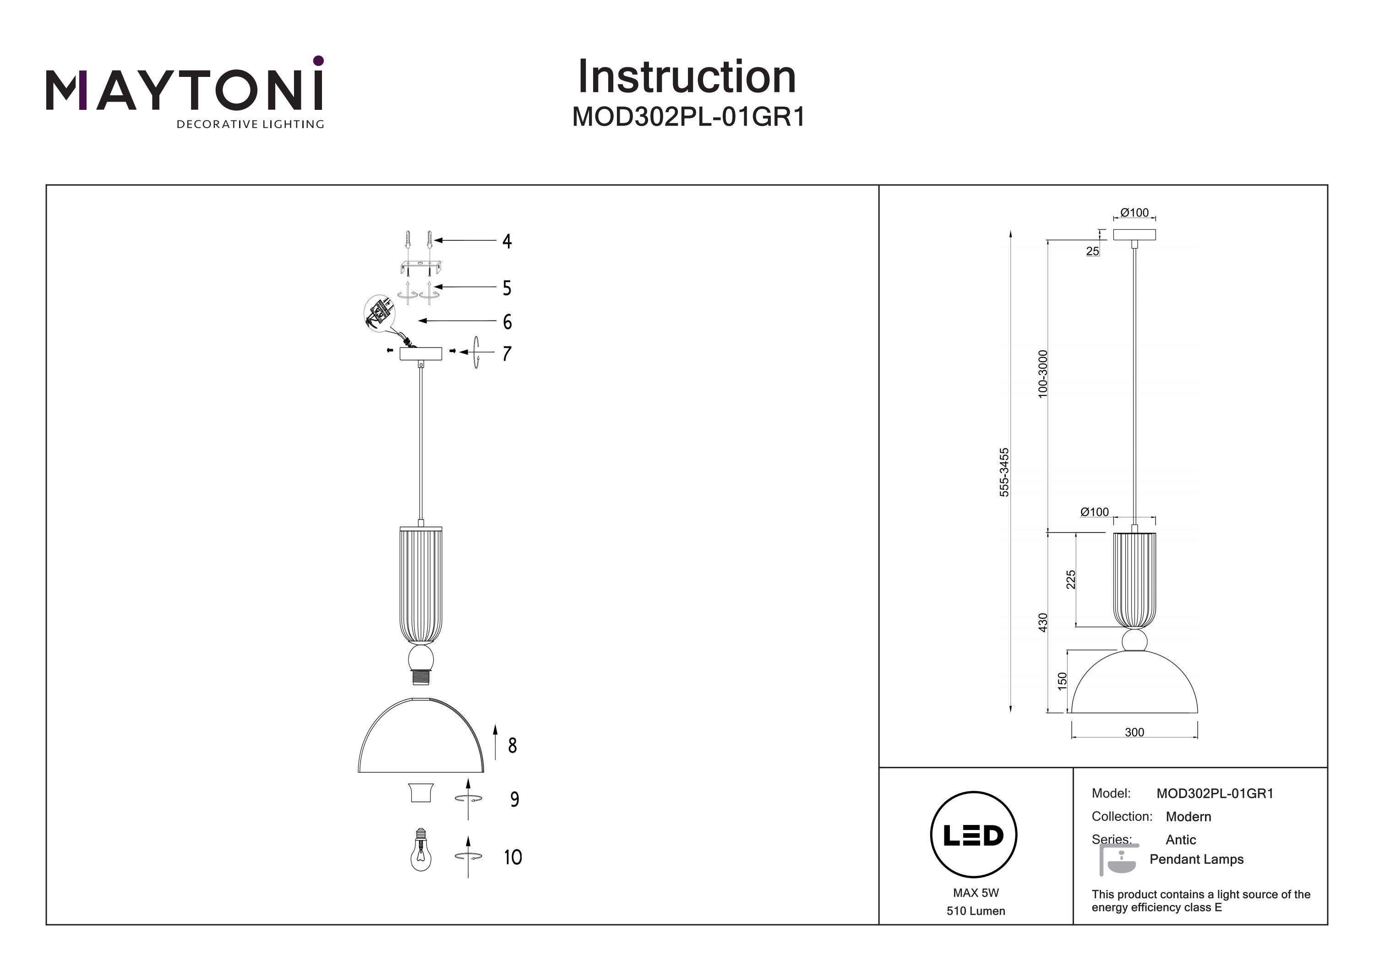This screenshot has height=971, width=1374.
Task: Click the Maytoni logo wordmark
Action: (184, 91)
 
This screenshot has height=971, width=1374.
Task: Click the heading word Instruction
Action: (687, 77)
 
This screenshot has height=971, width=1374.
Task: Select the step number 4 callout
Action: (507, 241)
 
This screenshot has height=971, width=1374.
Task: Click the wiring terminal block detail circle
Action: (380, 312)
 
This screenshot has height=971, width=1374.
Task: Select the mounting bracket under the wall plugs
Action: (420, 266)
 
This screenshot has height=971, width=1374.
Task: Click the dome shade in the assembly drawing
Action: (421, 737)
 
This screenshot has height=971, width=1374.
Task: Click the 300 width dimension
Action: (1134, 732)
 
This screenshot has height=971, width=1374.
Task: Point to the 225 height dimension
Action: (1071, 579)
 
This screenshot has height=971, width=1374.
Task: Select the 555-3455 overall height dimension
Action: (1004, 472)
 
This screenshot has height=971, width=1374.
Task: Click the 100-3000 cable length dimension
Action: (1043, 374)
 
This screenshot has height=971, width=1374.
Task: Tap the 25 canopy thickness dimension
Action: (1092, 251)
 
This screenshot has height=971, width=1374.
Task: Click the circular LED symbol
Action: (974, 835)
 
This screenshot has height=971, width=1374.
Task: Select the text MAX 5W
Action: (976, 893)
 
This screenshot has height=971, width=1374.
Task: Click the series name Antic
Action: (1180, 839)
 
